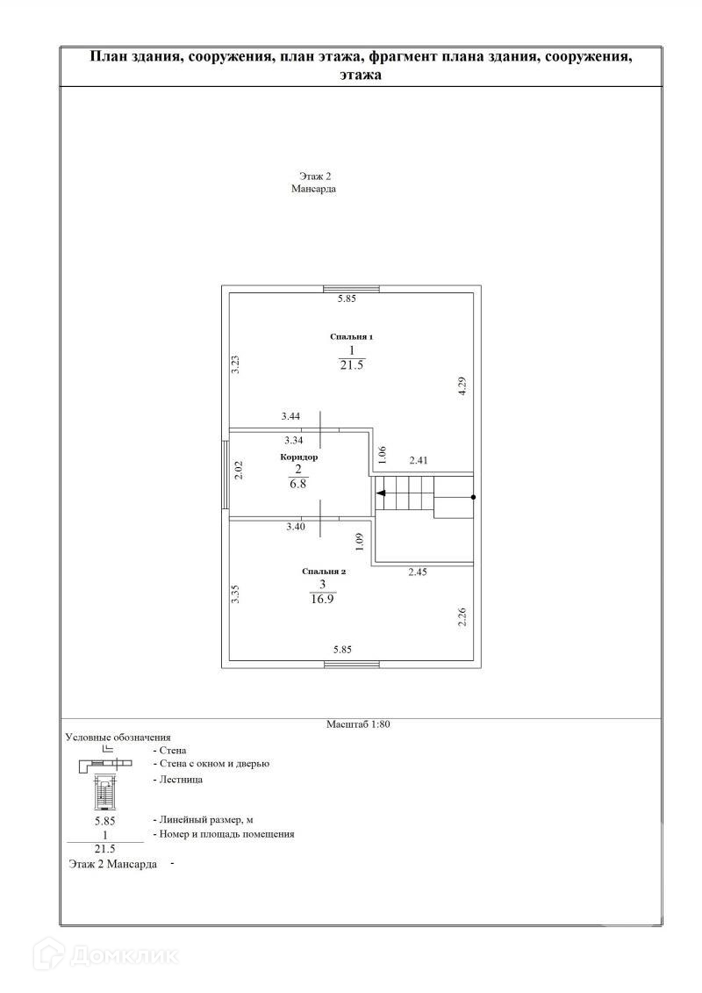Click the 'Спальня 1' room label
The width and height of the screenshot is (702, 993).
(351, 336)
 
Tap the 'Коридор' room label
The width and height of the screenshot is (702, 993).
(299, 457)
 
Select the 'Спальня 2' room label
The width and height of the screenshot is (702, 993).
(326, 571)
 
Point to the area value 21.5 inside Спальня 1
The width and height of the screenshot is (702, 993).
(351, 364)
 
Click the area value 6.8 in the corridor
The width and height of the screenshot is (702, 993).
(298, 484)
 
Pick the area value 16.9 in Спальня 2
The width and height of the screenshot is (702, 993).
(323, 599)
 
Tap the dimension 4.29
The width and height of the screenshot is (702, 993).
(462, 388)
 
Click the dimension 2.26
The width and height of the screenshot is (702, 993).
(462, 618)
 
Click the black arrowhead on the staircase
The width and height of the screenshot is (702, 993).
(380, 496)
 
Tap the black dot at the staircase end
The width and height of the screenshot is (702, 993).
(474, 497)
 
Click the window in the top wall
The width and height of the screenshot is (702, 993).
(351, 289)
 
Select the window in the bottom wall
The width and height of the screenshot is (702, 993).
(352, 665)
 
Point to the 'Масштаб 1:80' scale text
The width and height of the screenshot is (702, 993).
(363, 724)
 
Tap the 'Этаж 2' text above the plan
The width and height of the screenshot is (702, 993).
(313, 176)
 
